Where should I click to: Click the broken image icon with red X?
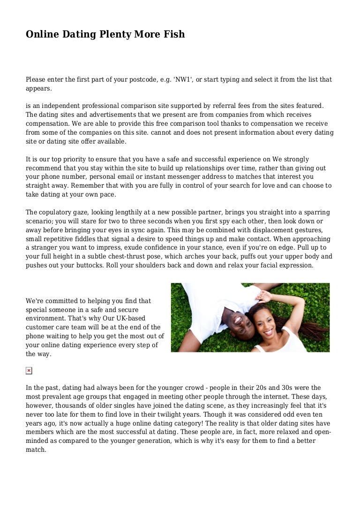pos(29,371)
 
